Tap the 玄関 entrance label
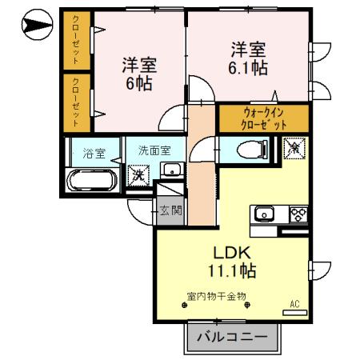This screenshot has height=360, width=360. [169, 210]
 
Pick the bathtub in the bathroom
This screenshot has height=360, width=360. [93, 180]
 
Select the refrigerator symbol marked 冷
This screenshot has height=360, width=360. [293, 149]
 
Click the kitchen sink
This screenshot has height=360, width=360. [265, 214]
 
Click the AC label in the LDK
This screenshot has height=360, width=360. [294, 304]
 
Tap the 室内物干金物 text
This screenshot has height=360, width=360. [216, 296]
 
